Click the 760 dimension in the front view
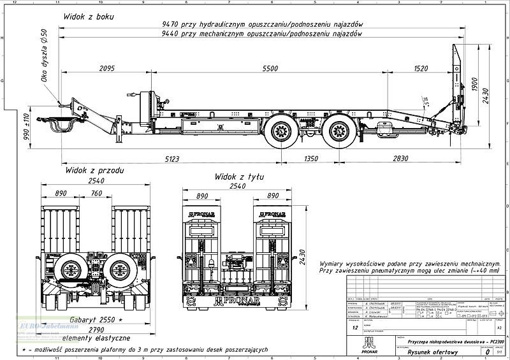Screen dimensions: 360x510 [x=96, y=194]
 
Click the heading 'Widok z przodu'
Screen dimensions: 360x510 [x=94, y=171]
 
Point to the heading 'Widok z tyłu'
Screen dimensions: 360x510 [x=239, y=176]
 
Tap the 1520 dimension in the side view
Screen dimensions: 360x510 [x=421, y=68]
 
